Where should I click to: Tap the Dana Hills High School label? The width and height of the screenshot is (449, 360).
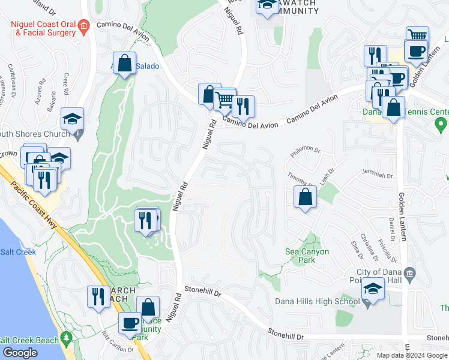coord(316,301)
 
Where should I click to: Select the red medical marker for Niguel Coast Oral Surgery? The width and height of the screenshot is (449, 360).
coord(84,25)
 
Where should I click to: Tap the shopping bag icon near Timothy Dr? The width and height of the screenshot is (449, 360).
coord(305,196)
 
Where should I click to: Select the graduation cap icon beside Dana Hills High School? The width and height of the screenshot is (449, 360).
coord(373,289)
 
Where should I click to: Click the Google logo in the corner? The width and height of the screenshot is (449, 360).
coord(19,353)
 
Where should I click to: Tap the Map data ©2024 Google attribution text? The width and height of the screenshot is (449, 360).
coord(411,355)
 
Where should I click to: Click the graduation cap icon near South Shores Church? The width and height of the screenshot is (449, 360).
coord(72,119)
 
